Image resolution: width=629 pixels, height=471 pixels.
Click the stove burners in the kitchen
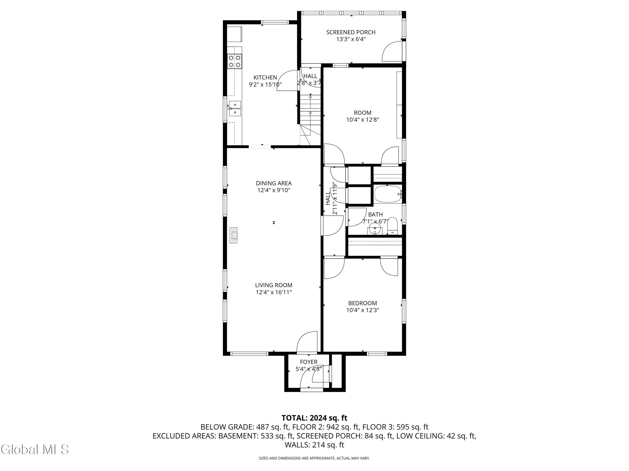point(235,61)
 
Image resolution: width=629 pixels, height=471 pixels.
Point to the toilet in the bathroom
point(392,226)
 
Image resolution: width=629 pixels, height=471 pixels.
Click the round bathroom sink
point(375,229)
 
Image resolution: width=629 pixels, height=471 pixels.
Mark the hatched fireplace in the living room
point(234,235)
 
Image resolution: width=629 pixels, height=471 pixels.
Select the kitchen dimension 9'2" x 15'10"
point(265,85)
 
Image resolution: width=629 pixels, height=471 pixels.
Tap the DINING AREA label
point(274,183)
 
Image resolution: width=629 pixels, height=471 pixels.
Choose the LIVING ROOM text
point(274,285)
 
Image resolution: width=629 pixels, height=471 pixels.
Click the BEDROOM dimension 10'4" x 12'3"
point(363,310)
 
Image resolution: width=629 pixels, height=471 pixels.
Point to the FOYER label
point(309,362)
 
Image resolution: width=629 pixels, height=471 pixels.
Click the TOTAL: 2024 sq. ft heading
point(314,418)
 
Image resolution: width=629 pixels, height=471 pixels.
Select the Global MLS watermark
point(35,449)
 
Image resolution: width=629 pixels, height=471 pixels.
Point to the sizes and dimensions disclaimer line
point(314,458)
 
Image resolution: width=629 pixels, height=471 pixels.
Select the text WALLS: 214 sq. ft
point(314,445)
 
